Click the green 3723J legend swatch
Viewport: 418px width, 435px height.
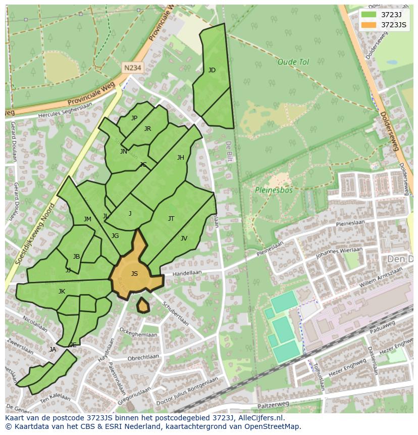tap(369, 15)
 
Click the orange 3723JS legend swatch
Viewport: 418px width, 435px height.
tap(369, 25)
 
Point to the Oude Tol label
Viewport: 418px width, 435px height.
tap(293, 62)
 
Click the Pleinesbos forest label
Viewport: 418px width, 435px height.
tap(274, 190)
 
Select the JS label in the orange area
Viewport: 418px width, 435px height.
tap(134, 274)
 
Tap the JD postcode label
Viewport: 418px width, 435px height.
tap(212, 70)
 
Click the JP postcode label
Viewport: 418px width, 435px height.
tap(134, 118)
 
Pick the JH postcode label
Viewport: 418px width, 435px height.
tap(181, 158)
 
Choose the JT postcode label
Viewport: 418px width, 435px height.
tap(171, 219)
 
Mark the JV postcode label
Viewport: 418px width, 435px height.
tap(184, 238)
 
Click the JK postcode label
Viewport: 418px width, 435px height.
tap(62, 292)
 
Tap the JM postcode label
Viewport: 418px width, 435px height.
tap(87, 219)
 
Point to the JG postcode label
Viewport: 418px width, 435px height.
tap(115, 236)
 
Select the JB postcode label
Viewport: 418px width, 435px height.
tap(76, 257)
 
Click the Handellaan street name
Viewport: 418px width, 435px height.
tap(187, 273)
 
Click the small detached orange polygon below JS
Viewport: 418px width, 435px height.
tap(143, 305)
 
